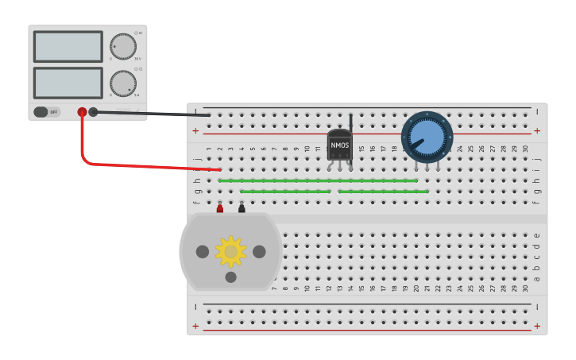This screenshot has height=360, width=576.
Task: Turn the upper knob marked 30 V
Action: [x=122, y=46]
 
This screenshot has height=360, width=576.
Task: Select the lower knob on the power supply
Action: [x=122, y=83]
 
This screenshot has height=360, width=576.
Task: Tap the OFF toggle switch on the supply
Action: [x=46, y=112]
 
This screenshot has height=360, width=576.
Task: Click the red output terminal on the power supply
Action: [x=82, y=112]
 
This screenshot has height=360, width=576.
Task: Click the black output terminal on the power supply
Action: [x=93, y=112]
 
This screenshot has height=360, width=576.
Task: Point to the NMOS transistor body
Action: [x=339, y=145]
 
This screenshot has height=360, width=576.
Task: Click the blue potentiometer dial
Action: [x=427, y=137]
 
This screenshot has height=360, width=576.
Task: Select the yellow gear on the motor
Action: [x=230, y=251]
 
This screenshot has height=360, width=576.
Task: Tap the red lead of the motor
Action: [x=220, y=208]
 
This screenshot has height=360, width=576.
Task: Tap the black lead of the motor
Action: [x=242, y=208]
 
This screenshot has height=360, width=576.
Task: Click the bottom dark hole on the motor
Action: [x=230, y=277]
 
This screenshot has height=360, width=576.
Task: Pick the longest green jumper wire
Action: [x=318, y=180]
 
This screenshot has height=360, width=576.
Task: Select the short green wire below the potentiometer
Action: [x=383, y=192]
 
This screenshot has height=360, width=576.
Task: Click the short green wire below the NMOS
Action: [x=285, y=192]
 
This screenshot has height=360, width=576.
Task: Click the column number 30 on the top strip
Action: [x=524, y=149]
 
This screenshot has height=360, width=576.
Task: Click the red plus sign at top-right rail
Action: [x=537, y=130]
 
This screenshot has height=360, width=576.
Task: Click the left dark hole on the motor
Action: [x=203, y=252]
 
